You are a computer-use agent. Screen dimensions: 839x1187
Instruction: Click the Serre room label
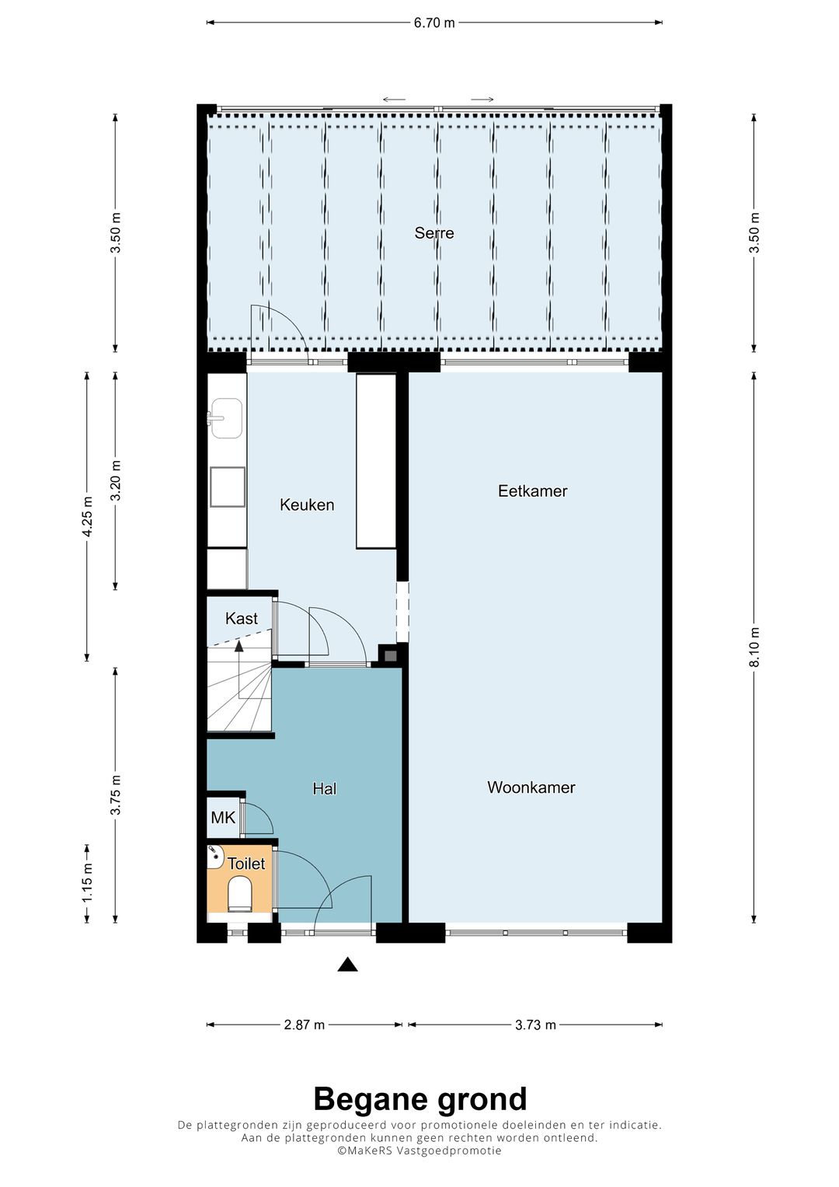433,233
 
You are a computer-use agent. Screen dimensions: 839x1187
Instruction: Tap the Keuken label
307,504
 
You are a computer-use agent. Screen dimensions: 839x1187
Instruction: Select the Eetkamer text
532,491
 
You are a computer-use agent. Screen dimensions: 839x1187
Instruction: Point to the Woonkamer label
531,787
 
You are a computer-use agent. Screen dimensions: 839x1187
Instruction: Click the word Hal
325,789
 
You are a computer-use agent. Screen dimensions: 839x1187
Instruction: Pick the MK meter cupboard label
223,818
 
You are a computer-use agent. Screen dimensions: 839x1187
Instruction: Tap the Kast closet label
241,619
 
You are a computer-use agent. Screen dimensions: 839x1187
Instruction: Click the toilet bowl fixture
238,894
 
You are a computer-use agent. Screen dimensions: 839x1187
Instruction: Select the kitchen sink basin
226,419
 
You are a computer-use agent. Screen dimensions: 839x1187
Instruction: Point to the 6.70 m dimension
433,23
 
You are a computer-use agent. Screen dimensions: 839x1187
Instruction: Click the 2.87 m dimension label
305,1025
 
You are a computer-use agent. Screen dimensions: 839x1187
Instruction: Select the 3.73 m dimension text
535,1025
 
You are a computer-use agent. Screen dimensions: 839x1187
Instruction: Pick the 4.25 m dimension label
87,517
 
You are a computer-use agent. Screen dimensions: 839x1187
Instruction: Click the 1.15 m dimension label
87,883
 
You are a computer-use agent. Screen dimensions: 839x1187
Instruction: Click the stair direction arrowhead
239,645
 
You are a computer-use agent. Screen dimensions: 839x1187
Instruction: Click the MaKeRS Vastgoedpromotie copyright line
419,1151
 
